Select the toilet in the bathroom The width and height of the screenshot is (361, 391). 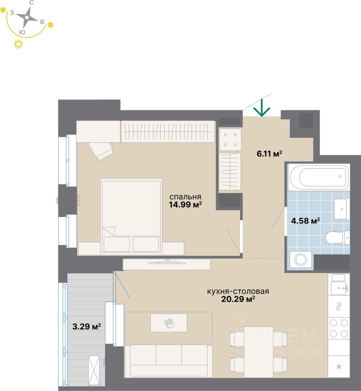pos(336,236)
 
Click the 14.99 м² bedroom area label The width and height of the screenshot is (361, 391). pos(185,204)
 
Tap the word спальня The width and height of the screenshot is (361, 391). pos(185,196)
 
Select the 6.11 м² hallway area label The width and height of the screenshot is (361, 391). pos(269,154)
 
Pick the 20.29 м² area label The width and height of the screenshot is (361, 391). pos(237,299)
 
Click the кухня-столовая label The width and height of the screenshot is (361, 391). pos(238,291)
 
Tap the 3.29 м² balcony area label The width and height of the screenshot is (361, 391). pos(86,325)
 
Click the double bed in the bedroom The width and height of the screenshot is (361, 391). pos(131,216)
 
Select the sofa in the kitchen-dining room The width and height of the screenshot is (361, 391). pos(169,360)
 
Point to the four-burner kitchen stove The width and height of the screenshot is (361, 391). pos(339,327)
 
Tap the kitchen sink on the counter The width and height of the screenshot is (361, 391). pos(339,287)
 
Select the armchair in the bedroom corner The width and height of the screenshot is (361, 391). pos(101,150)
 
